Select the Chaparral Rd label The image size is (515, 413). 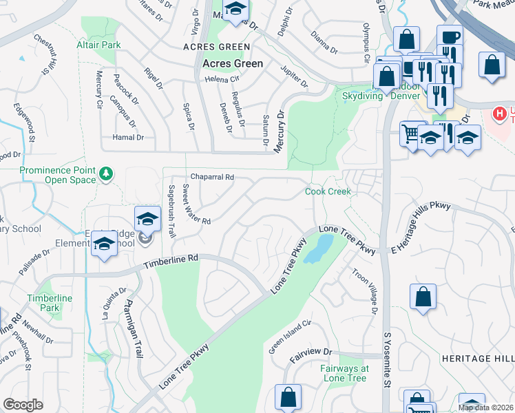click(212, 177)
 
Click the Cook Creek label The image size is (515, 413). click(328, 191)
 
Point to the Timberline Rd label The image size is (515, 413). click(171, 262)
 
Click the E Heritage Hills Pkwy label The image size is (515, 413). click(421, 225)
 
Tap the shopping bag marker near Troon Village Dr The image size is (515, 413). click(424, 297)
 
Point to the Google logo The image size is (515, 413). click(23, 405)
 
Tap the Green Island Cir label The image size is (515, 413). click(291, 337)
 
